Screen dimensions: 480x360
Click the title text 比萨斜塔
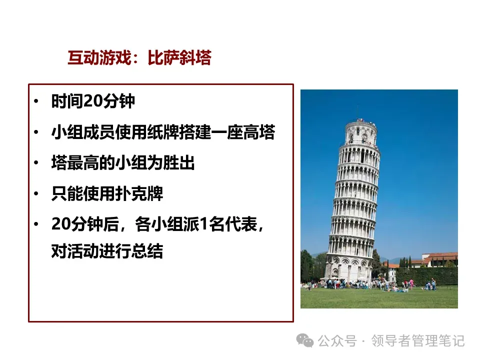click(x=179, y=57)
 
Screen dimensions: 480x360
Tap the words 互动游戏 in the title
click(x=99, y=57)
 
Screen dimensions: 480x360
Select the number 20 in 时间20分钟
click(x=93, y=101)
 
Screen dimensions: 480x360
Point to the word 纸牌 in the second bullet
click(x=162, y=132)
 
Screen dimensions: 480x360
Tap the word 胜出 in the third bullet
click(x=179, y=163)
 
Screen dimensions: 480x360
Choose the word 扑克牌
click(x=139, y=193)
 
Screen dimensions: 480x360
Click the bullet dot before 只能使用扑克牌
click(x=36, y=193)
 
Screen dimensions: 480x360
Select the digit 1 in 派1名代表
click(x=203, y=224)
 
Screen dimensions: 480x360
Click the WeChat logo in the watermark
click(x=305, y=340)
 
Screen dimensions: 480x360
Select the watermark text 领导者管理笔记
click(x=418, y=340)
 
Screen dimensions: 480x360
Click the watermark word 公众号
click(x=337, y=340)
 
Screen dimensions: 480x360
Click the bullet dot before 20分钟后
click(x=36, y=224)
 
